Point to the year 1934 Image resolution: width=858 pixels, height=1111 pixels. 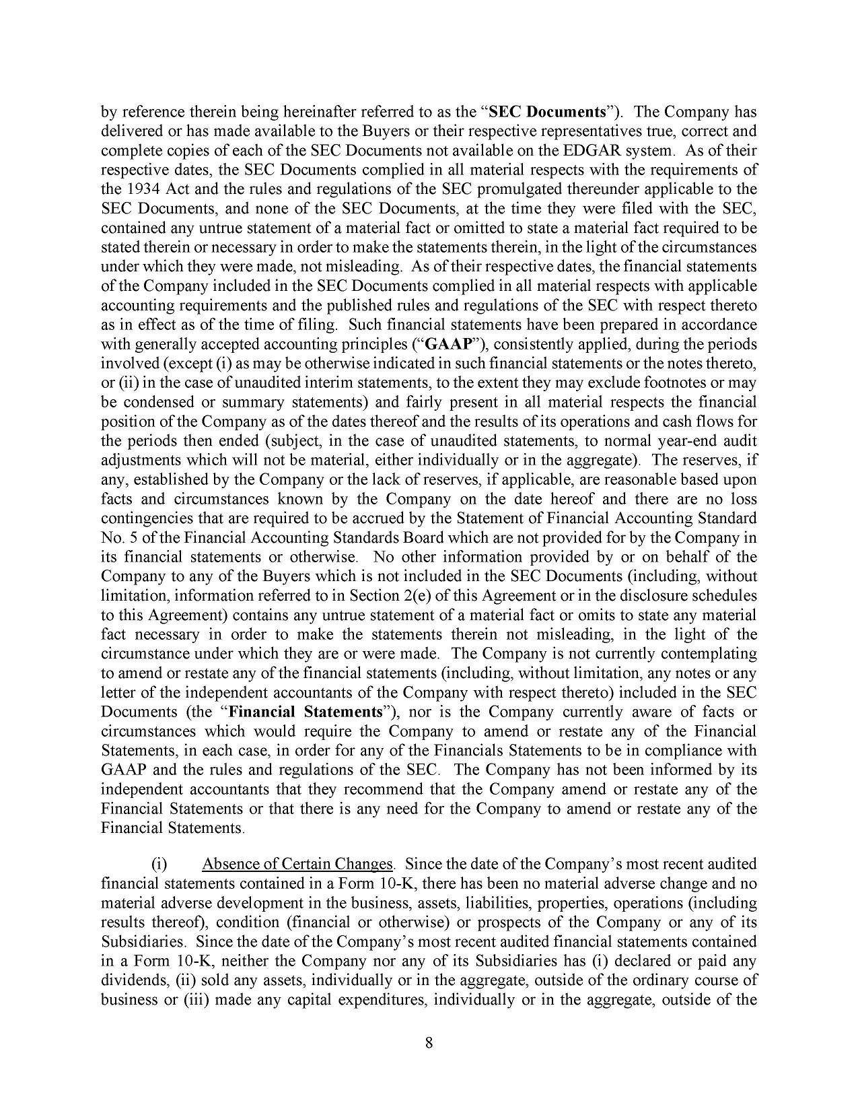pos(143,189)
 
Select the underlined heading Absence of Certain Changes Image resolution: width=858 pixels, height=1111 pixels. pos(297,863)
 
